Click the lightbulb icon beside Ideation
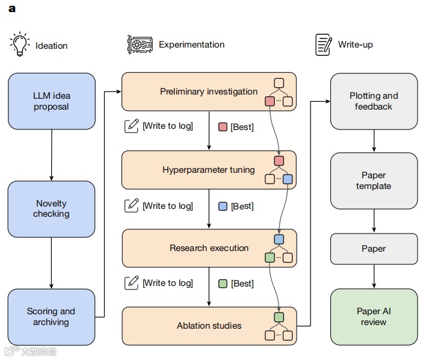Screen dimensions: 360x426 (19, 44)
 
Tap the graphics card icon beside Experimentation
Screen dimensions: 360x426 (139, 45)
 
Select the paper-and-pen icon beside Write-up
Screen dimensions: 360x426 (324, 45)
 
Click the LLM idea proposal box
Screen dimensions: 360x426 (52, 101)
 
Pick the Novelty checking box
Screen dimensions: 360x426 (52, 209)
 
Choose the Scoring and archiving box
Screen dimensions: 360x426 (52, 317)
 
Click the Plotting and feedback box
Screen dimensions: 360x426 (374, 101)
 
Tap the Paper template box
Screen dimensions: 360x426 (374, 181)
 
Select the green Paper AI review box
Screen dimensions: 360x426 (374, 317)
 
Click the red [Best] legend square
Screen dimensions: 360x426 (223, 127)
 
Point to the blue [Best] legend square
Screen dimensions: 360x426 (223, 206)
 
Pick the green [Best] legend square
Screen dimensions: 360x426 (223, 284)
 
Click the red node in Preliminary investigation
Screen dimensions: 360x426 (270, 101)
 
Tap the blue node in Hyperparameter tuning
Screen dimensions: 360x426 (288, 179)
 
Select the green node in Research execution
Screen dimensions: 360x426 (270, 258)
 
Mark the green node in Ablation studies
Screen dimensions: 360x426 (279, 317)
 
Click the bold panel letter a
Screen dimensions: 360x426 (12, 9)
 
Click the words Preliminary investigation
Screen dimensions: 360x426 (209, 92)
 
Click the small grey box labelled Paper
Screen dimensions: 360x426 (374, 249)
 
